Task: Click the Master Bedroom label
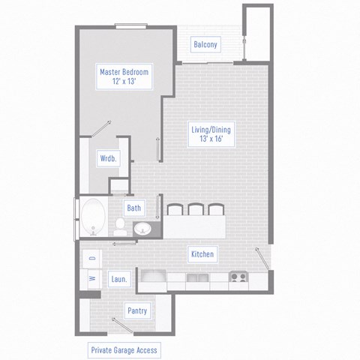click(125, 76)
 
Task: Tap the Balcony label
click(205, 45)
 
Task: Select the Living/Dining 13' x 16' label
click(208, 134)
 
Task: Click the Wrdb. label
click(107, 159)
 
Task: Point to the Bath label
click(134, 208)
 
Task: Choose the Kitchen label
click(202, 255)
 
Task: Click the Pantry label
click(137, 310)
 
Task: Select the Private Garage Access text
click(124, 350)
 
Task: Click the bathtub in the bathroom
click(94, 216)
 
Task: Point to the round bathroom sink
click(142, 228)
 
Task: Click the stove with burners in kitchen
click(238, 278)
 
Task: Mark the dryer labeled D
click(91, 259)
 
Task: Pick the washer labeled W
click(91, 279)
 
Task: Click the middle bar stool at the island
click(196, 210)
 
